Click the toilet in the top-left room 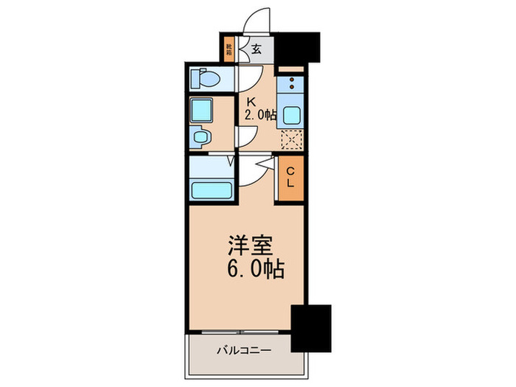(204, 77)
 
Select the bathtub (212, 189)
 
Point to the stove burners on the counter (292, 86)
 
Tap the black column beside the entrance (296, 48)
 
